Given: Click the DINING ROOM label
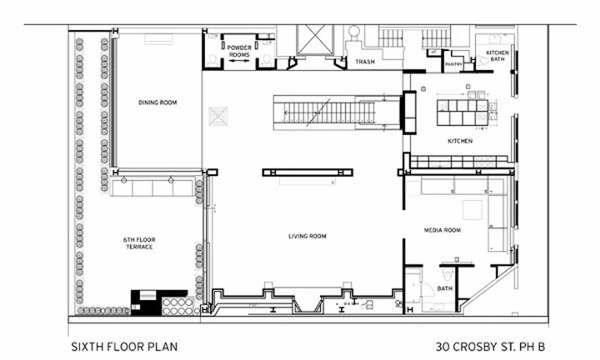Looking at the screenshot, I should (157, 103).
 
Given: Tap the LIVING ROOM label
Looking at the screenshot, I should (307, 236).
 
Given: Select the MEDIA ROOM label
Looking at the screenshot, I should (442, 230).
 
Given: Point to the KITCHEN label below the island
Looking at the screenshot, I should (460, 141).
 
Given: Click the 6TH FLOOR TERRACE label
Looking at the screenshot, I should (139, 243).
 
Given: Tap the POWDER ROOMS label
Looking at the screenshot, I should (239, 51).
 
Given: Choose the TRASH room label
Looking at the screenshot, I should (365, 62).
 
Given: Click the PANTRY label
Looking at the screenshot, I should (454, 64).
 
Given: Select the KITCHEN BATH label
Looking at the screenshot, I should (497, 56).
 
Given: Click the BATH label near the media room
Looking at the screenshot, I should (445, 288).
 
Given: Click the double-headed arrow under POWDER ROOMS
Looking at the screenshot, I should (239, 60).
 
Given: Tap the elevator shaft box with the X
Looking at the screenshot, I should (315, 40).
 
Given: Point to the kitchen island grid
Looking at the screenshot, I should (462, 112).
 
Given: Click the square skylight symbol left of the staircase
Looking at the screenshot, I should (218, 116).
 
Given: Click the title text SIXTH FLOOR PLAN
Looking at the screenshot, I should (124, 347).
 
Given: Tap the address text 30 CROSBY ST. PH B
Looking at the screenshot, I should (490, 347).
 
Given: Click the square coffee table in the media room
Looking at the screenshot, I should (473, 210).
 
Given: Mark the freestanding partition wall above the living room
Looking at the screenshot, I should (307, 172).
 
